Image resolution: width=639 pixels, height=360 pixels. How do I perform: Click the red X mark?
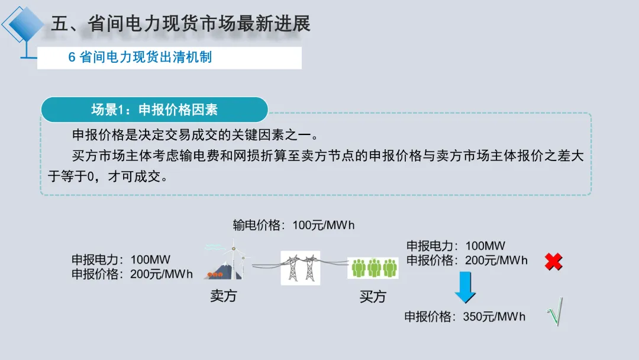pyautogui.click(x=553, y=262)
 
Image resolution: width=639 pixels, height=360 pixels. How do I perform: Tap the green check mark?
pyautogui.click(x=554, y=313)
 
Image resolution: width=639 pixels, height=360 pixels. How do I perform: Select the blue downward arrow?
pyautogui.click(x=466, y=288)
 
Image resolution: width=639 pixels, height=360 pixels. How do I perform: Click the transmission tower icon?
pyautogui.click(x=300, y=268)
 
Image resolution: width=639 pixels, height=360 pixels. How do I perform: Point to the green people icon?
pyautogui.click(x=373, y=268)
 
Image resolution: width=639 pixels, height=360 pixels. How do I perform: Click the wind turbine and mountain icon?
pyautogui.click(x=227, y=262)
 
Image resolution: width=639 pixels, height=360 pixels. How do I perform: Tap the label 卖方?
pyautogui.click(x=223, y=295)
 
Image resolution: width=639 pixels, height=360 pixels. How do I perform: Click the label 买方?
pyautogui.click(x=373, y=297)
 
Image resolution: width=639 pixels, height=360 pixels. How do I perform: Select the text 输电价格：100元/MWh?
pyautogui.click(x=293, y=225)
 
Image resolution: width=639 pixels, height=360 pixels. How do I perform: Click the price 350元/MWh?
pyautogui.click(x=494, y=317)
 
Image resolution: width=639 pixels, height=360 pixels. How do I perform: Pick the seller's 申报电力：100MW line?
pyautogui.click(x=121, y=259)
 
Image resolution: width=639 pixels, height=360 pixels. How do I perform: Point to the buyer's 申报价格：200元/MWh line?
pyautogui.click(x=467, y=260)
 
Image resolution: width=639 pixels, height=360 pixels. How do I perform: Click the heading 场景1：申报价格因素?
pyautogui.click(x=154, y=110)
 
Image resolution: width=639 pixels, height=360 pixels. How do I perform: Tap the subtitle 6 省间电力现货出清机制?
pyautogui.click(x=140, y=57)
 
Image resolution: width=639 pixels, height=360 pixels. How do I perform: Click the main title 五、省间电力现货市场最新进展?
pyautogui.click(x=180, y=24)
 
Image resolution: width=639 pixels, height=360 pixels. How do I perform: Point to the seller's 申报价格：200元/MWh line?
pyautogui.click(x=132, y=274)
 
